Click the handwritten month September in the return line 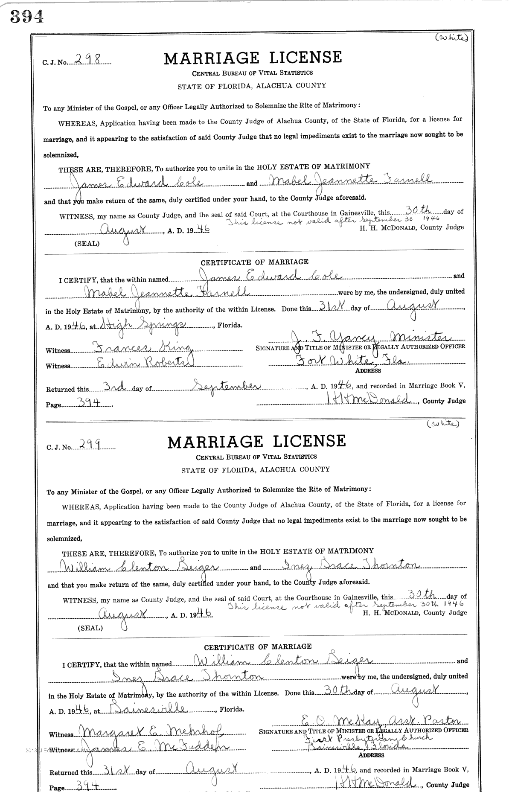226,386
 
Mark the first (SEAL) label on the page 87,243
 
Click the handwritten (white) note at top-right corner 451,38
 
